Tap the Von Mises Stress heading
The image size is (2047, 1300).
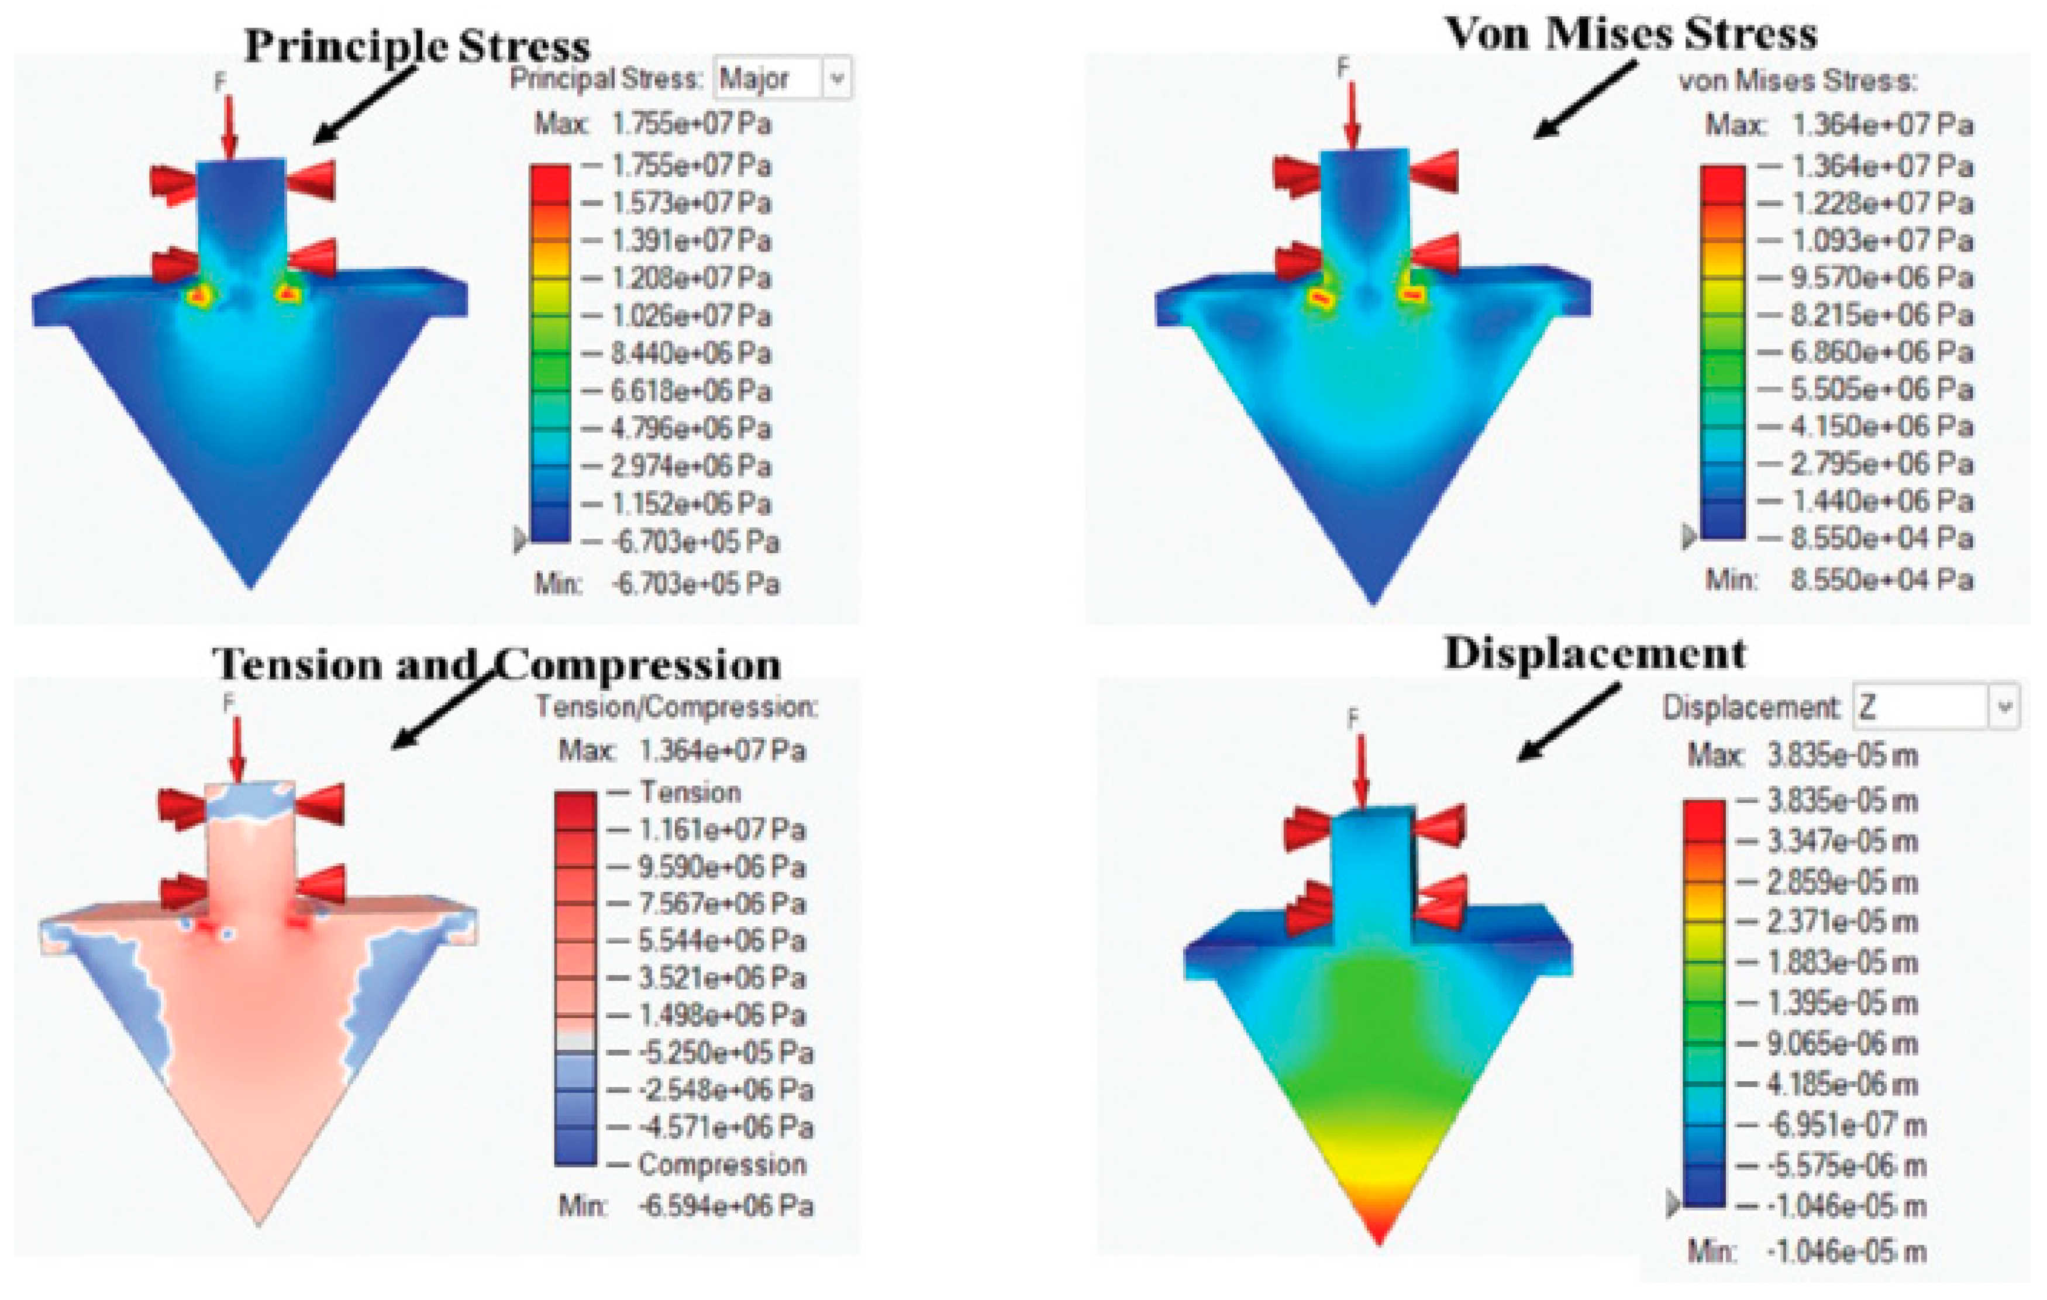coord(1631,34)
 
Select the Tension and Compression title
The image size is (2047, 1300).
coord(497,664)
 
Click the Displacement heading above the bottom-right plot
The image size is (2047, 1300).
coord(1595,654)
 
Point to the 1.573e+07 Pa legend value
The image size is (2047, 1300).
coord(690,203)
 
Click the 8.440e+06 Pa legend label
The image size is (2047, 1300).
coord(690,353)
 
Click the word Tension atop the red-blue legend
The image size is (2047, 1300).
coord(690,792)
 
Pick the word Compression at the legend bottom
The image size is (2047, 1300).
coord(722,1165)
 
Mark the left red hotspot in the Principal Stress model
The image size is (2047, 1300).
coord(201,296)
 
